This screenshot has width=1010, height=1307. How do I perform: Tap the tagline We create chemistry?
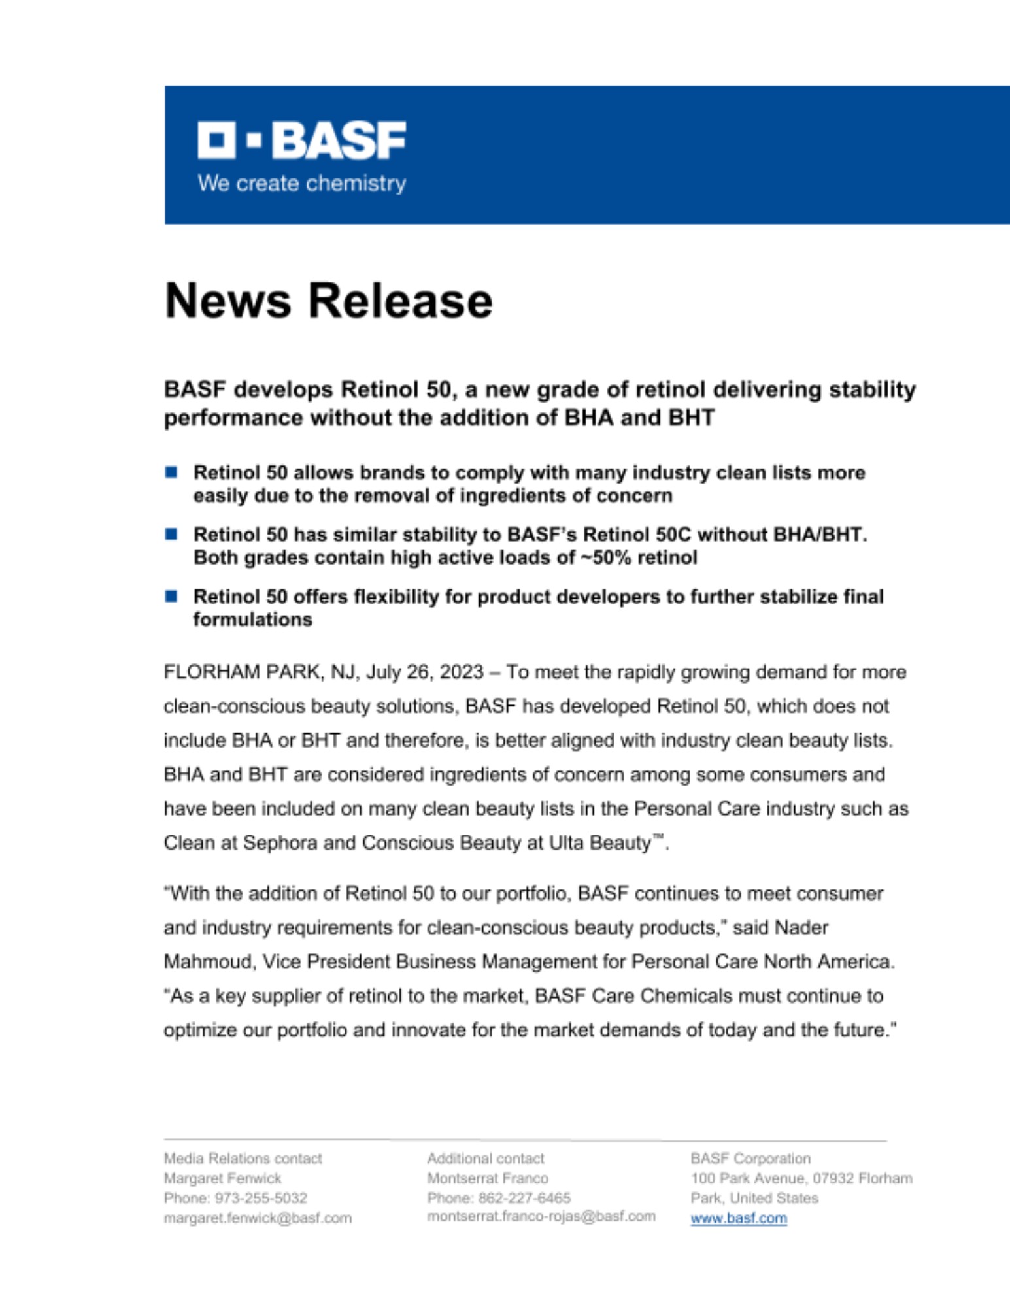click(301, 184)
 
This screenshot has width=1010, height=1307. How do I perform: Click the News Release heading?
click(328, 301)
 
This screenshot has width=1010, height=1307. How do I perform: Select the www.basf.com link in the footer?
click(738, 1218)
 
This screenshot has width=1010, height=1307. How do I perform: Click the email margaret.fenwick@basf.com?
click(258, 1218)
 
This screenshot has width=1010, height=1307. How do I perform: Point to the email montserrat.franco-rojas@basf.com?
click(541, 1216)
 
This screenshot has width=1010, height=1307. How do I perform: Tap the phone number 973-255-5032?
click(261, 1198)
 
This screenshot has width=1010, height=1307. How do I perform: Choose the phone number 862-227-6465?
click(524, 1198)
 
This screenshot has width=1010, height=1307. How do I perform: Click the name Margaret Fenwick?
click(222, 1178)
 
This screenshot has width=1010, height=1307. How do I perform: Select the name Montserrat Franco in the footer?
click(487, 1178)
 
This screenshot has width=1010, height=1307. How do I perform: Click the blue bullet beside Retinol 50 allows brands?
click(171, 472)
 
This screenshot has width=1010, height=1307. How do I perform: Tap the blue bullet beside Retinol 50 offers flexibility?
click(171, 596)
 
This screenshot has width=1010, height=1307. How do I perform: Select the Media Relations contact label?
click(243, 1159)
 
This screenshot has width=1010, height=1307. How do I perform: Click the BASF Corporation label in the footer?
click(750, 1159)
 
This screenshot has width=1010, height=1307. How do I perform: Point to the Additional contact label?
click(485, 1159)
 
